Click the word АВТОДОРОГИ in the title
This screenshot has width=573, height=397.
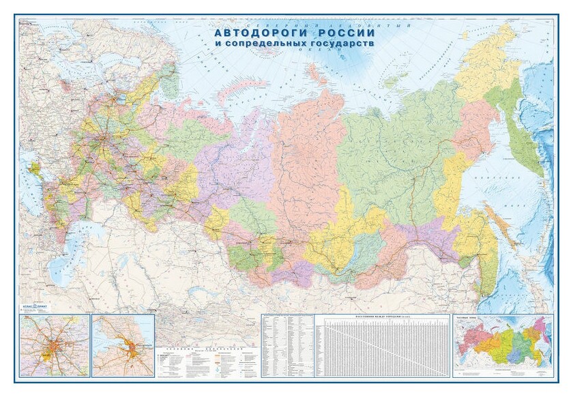tap(252, 33)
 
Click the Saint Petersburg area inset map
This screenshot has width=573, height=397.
tap(123, 345)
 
